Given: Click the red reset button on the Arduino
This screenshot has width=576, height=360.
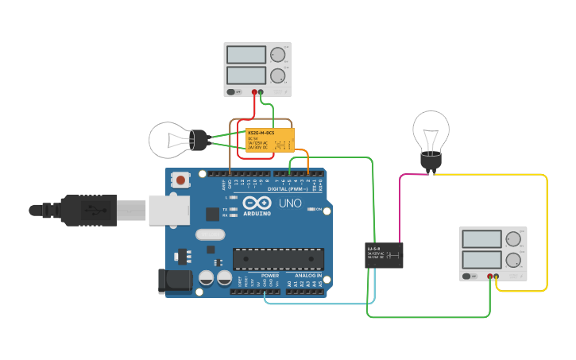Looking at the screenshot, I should (x=181, y=180).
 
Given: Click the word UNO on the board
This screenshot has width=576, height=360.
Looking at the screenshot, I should (x=290, y=203).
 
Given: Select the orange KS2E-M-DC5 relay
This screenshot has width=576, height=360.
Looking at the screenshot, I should (x=269, y=140).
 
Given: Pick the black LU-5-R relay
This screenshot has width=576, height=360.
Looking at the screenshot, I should (x=384, y=255).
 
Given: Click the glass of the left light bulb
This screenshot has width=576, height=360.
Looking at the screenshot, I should (x=170, y=140).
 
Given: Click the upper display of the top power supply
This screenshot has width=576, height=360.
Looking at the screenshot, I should (x=245, y=55).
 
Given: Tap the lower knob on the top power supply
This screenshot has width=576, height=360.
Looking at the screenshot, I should (x=276, y=76).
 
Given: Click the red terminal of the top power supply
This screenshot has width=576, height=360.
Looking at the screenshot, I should (x=254, y=92).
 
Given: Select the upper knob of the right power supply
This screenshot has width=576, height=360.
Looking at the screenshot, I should (x=513, y=238).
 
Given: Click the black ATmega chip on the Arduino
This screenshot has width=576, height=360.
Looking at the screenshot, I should (x=278, y=259).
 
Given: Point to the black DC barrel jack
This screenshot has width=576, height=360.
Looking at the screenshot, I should (x=174, y=281).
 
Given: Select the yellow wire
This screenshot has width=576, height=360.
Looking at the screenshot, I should (x=547, y=230).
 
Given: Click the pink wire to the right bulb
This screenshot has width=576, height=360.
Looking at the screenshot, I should (x=400, y=207).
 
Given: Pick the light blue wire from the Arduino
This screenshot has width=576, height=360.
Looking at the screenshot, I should (x=318, y=303).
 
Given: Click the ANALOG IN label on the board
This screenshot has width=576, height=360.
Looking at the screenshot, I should (x=307, y=275).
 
